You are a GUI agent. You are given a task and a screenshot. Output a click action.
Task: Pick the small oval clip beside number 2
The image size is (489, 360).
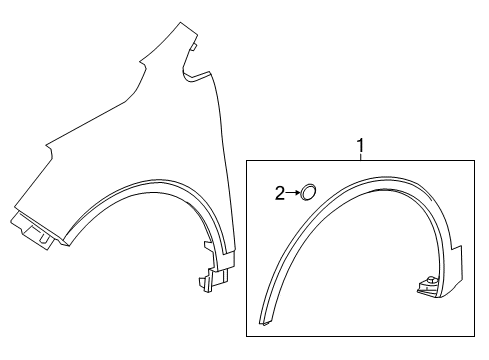coord(310,192)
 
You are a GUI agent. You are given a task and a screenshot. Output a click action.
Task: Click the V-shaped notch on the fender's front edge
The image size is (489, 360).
coord(48,153)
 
